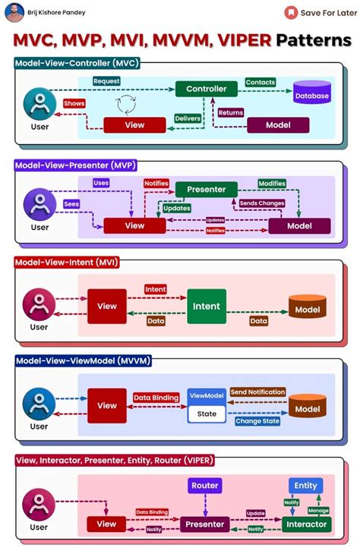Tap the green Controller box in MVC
(206, 89)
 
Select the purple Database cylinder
(311, 94)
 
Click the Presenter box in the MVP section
(206, 189)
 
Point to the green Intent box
(207, 307)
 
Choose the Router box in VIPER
(204, 485)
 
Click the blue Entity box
(305, 485)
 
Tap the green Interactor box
(306, 524)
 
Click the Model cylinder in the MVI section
(308, 307)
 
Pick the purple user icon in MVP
(39, 203)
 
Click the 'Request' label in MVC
(108, 80)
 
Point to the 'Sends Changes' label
(262, 203)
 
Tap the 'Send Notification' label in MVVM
(257, 392)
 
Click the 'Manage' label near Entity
(318, 511)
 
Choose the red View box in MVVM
(107, 405)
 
